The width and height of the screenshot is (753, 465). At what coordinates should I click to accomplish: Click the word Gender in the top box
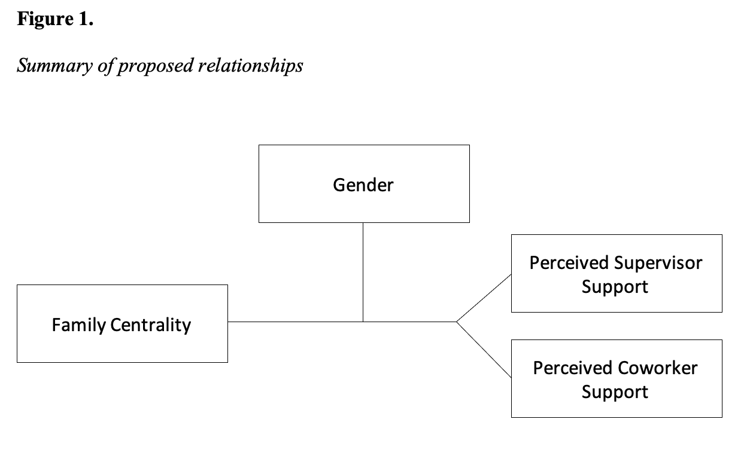[x=363, y=185]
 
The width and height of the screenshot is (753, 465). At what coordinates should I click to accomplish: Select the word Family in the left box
[x=79, y=325]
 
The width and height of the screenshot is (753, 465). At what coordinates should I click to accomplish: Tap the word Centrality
[x=151, y=325]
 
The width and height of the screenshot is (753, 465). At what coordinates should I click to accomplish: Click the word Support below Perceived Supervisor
[x=615, y=287]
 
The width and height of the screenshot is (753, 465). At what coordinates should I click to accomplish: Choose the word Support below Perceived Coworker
[x=615, y=392]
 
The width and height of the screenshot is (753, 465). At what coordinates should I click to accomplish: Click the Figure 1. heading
[x=55, y=19]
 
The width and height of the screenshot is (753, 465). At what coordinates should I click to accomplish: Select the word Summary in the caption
[x=55, y=66]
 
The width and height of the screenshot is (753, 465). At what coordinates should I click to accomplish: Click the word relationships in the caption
[x=250, y=66]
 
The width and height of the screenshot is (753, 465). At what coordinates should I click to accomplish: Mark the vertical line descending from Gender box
[x=363, y=273]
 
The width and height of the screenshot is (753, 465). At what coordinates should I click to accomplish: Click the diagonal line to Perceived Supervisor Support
[x=484, y=298]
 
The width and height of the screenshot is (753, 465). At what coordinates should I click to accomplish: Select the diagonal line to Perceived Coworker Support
[x=484, y=350]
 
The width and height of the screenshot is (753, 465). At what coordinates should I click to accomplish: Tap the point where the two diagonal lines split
[x=457, y=322]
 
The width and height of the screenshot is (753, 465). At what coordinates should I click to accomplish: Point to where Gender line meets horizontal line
[x=363, y=322]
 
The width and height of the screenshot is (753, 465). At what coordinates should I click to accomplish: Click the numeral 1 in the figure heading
[x=83, y=19]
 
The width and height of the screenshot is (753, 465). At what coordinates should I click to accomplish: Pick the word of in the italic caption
[x=106, y=66]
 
